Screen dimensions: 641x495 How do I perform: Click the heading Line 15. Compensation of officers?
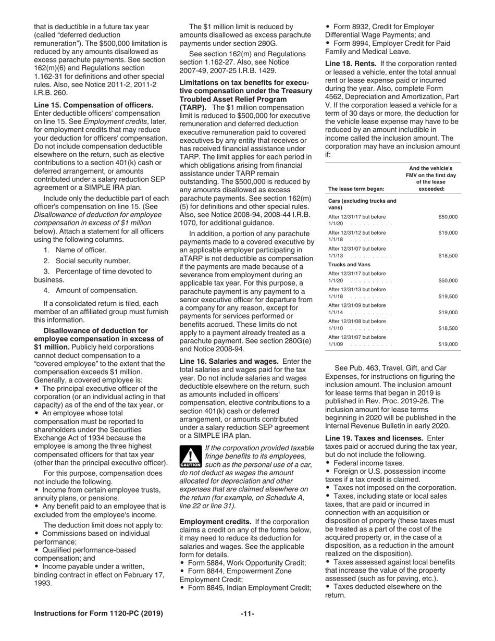(94, 105)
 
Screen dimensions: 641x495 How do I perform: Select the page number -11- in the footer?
(247, 613)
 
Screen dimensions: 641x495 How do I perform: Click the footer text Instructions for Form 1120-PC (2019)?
(98, 613)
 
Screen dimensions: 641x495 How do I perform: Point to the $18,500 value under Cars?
(448, 256)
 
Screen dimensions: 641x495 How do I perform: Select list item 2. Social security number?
(86, 261)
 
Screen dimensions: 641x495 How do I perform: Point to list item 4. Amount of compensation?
(90, 290)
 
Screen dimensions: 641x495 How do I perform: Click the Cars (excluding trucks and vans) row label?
(362, 204)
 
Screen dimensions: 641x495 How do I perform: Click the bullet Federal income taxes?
(368, 463)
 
